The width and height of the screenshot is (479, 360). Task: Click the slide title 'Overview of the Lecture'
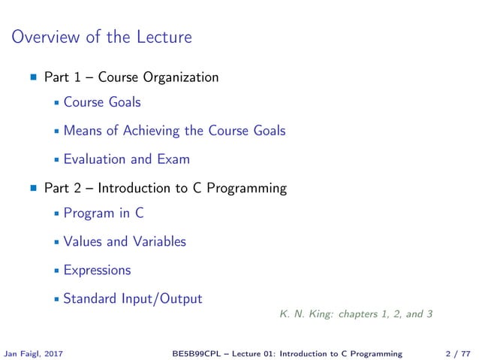101,36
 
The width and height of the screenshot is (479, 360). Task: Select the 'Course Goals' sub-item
102,102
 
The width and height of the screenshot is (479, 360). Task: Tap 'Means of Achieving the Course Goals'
174,131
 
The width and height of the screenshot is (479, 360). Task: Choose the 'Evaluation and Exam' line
126,159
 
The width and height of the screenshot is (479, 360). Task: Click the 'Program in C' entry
104,213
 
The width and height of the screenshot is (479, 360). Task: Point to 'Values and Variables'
125,241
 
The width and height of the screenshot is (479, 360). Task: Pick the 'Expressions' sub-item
97,270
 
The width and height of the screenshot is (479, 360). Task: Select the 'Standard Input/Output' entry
133,298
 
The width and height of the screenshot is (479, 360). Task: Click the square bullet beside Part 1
33,77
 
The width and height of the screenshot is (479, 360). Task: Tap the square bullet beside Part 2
33,189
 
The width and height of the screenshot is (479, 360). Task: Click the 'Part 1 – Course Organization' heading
131,77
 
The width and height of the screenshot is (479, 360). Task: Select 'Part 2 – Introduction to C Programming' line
165,188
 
